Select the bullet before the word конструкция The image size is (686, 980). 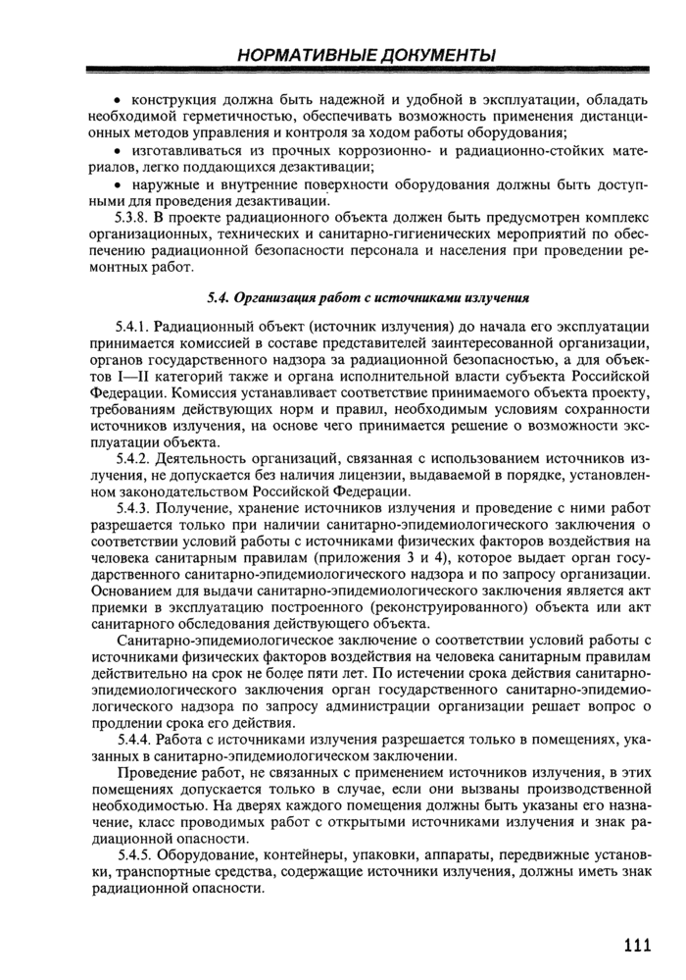(118, 100)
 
